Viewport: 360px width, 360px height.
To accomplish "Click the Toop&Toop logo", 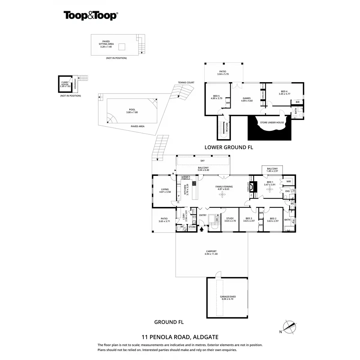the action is (90, 16).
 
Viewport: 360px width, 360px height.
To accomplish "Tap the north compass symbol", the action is (290, 327).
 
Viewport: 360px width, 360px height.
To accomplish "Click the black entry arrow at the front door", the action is (202, 229).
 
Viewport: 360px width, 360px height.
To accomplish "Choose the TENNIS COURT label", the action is (186, 82).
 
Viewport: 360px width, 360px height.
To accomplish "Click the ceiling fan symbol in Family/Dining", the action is (222, 195).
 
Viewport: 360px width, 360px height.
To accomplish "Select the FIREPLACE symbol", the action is (252, 187).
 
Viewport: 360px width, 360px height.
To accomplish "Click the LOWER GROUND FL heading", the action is (229, 147).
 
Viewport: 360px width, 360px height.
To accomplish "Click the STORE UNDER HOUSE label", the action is (272, 122).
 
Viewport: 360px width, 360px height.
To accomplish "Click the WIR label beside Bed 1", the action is (289, 181).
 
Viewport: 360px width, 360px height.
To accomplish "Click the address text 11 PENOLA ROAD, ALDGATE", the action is (180, 337).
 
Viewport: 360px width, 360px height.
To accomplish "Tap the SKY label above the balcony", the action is (203, 161).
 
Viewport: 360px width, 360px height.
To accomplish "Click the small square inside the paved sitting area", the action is (122, 47).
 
